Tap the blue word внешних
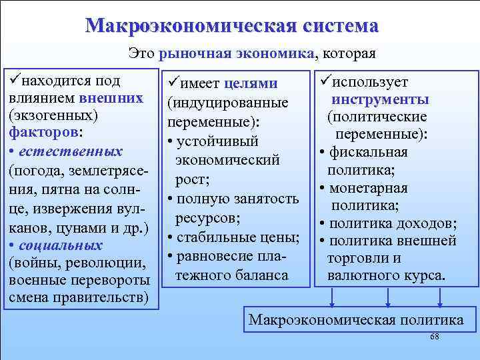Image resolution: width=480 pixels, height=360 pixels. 111,98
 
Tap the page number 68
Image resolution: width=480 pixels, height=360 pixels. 435,337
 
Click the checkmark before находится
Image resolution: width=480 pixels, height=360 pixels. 15,81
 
